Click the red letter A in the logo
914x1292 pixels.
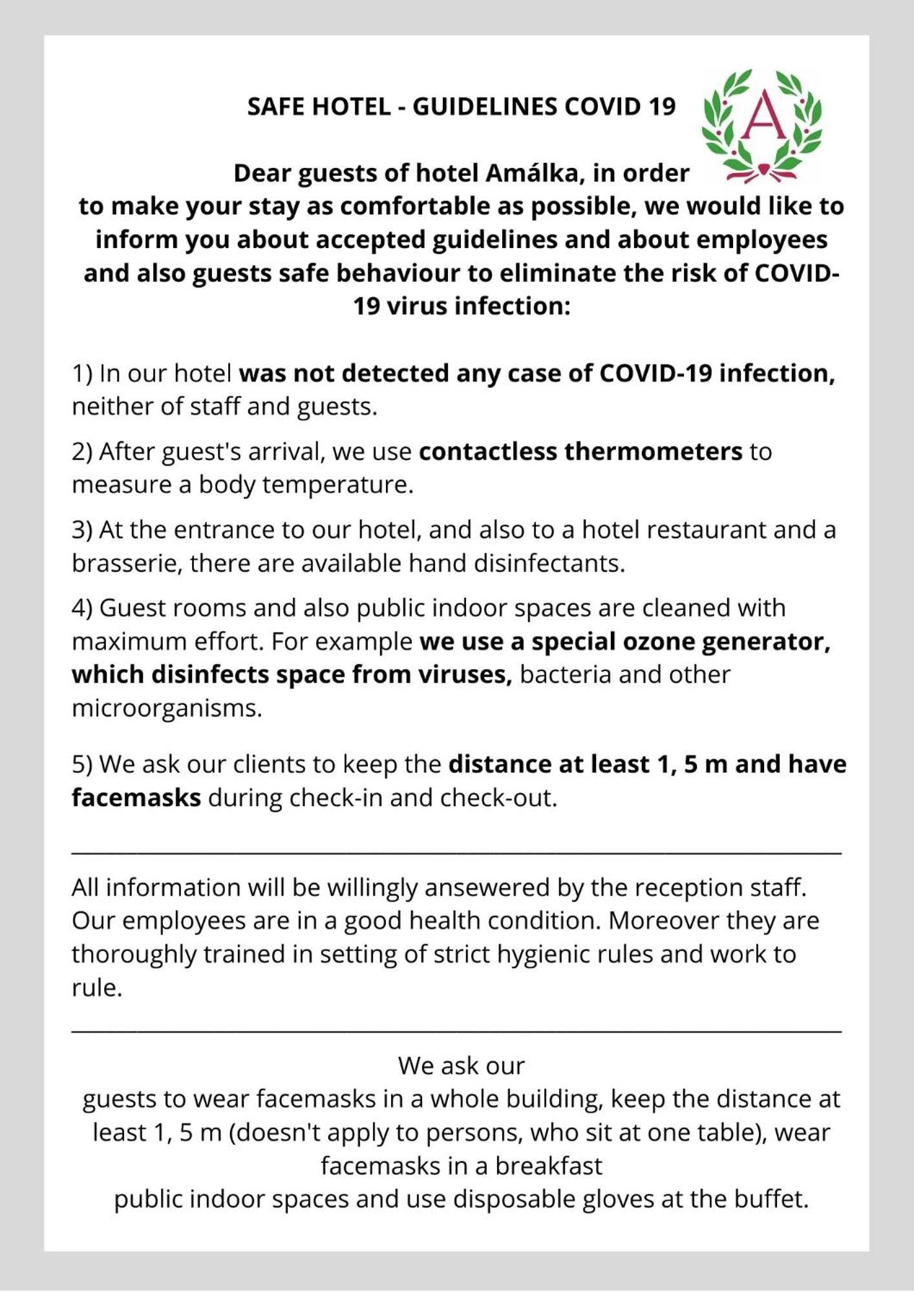pos(764,117)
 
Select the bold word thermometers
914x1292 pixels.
pos(653,451)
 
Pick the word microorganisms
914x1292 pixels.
pos(166,708)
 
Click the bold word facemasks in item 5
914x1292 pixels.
pos(136,798)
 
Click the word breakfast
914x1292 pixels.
pos(548,1165)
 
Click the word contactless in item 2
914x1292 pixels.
pos(487,451)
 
